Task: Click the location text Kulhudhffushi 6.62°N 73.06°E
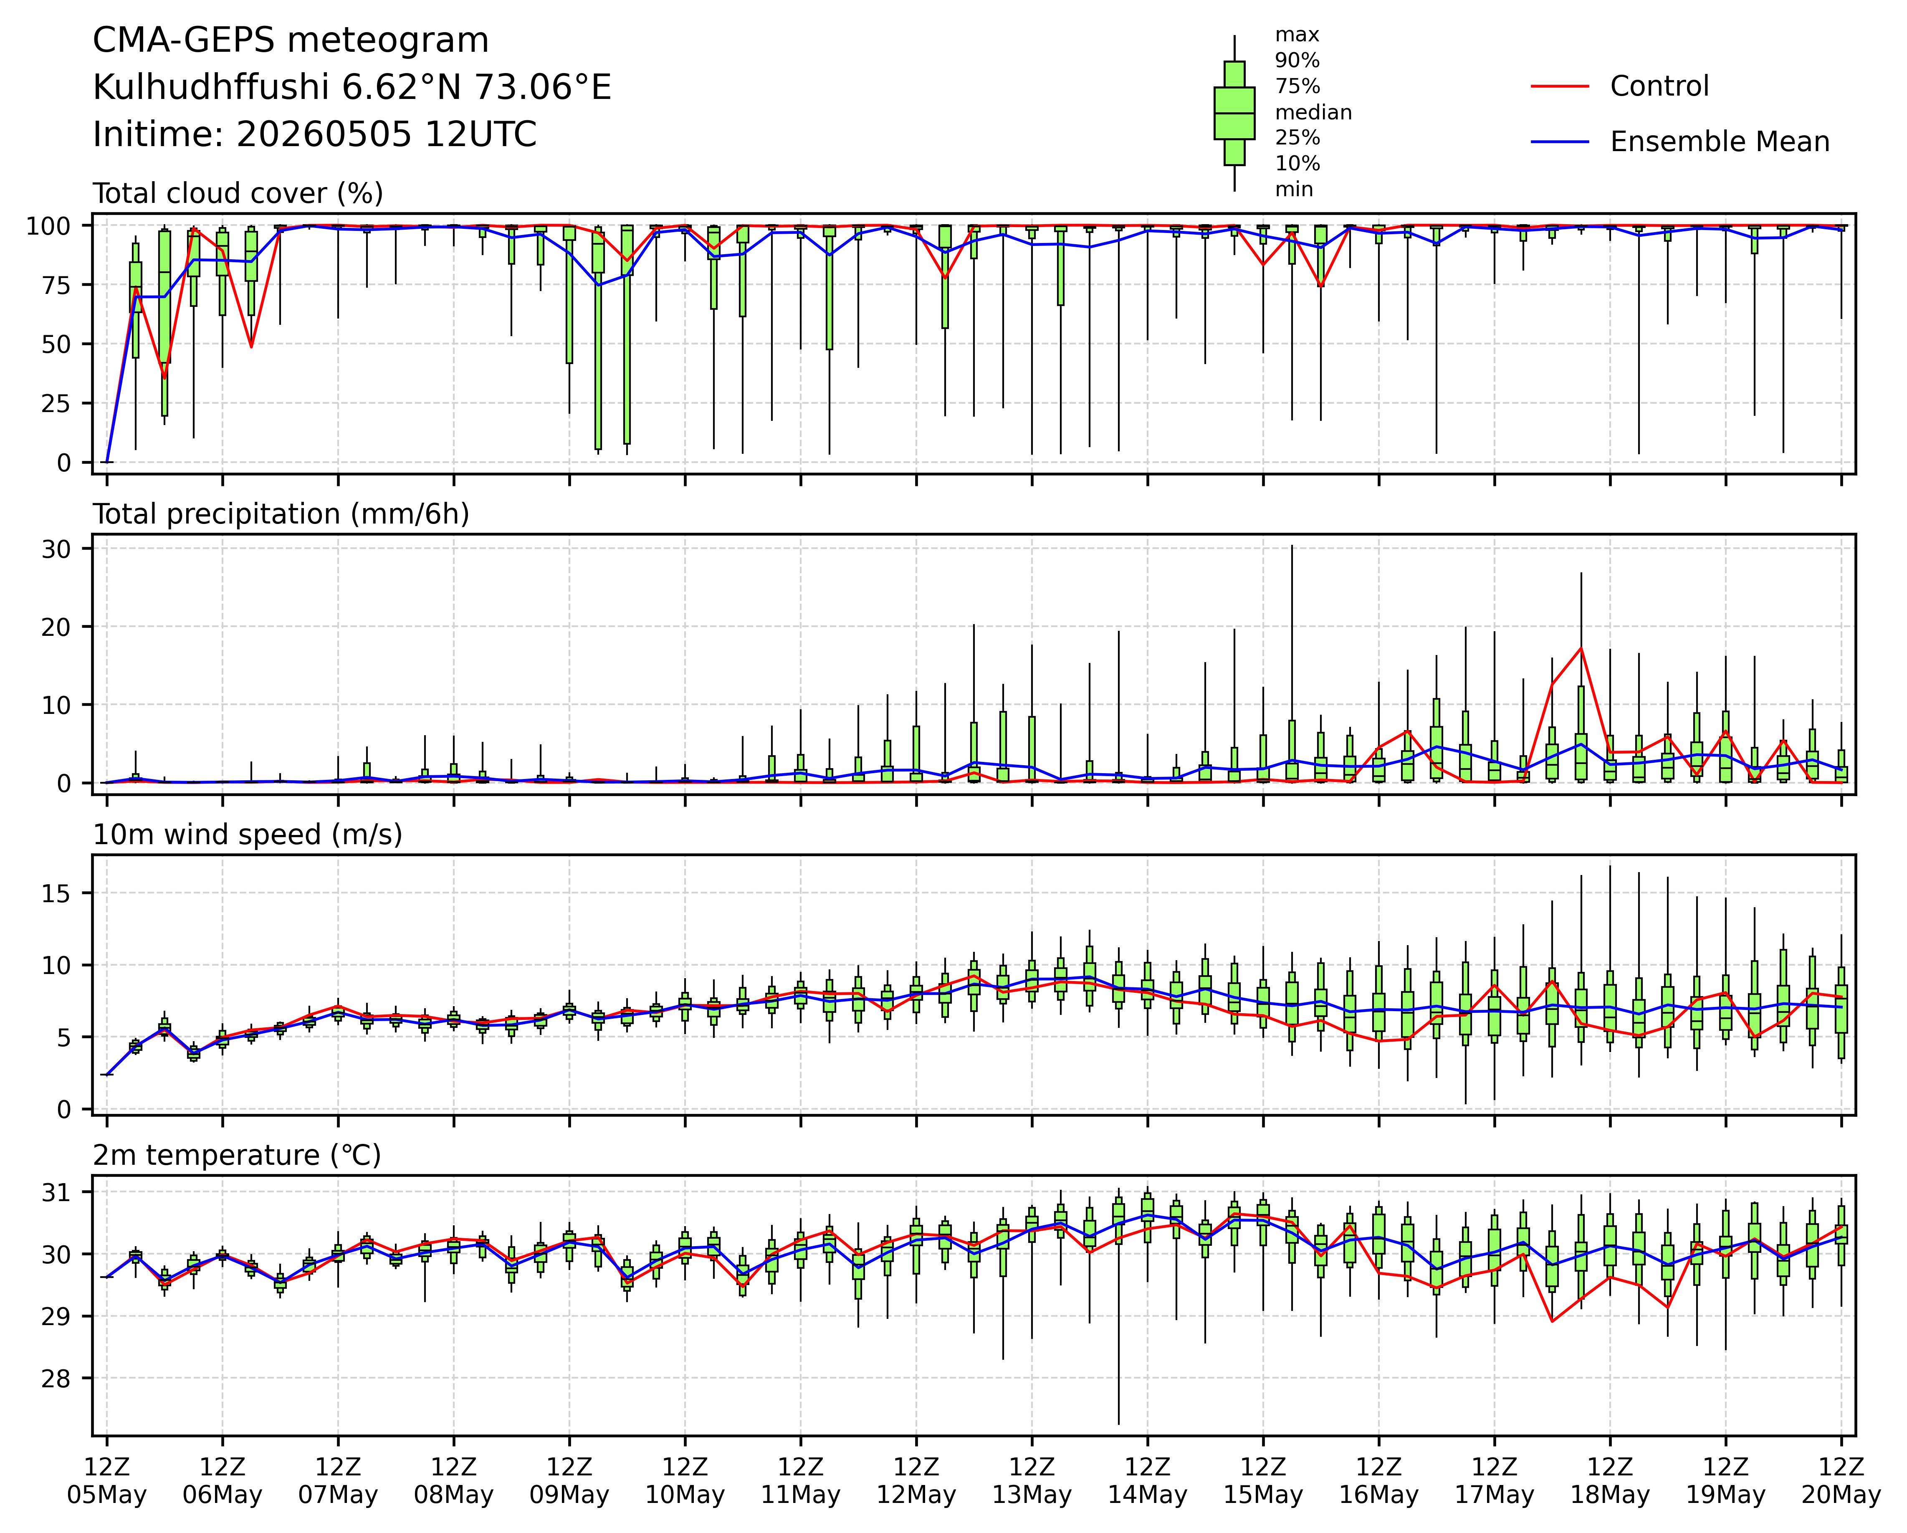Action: coord(352,88)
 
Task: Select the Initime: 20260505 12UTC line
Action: coord(315,134)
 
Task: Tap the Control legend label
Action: coord(1659,87)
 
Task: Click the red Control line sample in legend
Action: coord(1560,87)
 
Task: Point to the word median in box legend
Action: coord(1313,112)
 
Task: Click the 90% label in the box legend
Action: coord(1297,61)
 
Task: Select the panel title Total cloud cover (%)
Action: coord(238,194)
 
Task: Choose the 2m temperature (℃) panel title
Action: coord(237,1155)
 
